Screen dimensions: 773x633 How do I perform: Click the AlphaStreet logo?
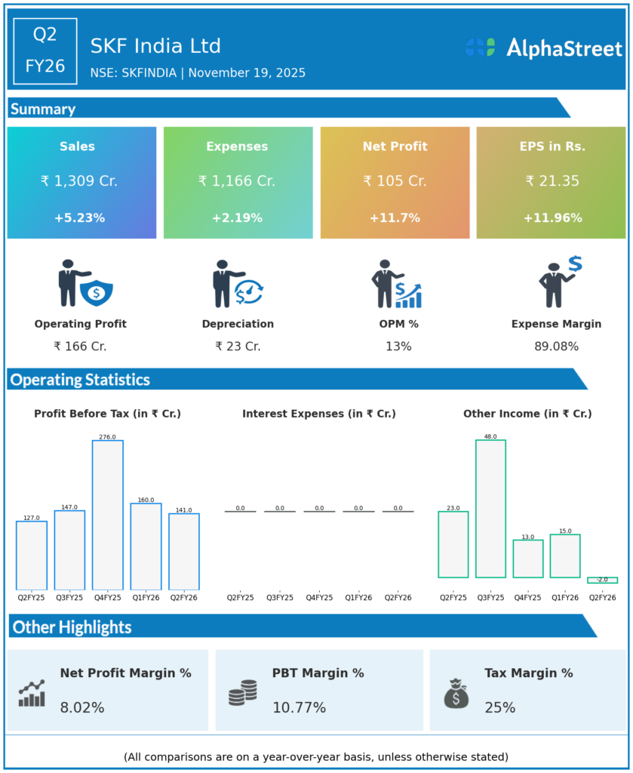click(543, 48)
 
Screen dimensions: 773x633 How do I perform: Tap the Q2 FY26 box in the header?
click(45, 50)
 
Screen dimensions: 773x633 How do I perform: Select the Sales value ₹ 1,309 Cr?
click(79, 181)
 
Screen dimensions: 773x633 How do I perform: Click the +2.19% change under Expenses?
click(237, 218)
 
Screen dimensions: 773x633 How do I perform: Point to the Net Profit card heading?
click(395, 146)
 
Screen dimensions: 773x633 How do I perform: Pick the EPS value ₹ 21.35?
click(551, 181)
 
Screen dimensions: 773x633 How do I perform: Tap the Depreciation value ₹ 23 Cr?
click(238, 346)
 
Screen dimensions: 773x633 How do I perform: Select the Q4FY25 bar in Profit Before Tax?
click(108, 515)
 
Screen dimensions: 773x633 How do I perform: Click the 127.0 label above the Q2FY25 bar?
click(31, 518)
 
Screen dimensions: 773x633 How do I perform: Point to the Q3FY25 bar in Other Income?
click(490, 508)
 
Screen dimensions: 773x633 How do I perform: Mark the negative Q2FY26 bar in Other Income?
click(602, 580)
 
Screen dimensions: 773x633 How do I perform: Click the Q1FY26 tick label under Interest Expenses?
click(358, 598)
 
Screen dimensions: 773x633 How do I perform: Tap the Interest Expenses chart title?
click(319, 414)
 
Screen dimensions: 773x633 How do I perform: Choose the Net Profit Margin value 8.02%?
click(82, 708)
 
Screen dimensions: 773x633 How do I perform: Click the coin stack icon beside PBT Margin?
click(243, 693)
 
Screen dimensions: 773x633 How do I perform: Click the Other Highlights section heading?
click(72, 627)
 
